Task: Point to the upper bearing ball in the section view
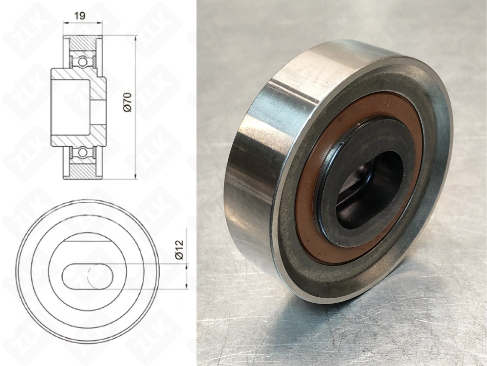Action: pos(82,62)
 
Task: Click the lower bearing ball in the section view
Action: pos(82,153)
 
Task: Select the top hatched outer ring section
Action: pos(82,43)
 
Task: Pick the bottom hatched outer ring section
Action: pos(82,171)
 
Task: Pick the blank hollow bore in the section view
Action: pos(71,107)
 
